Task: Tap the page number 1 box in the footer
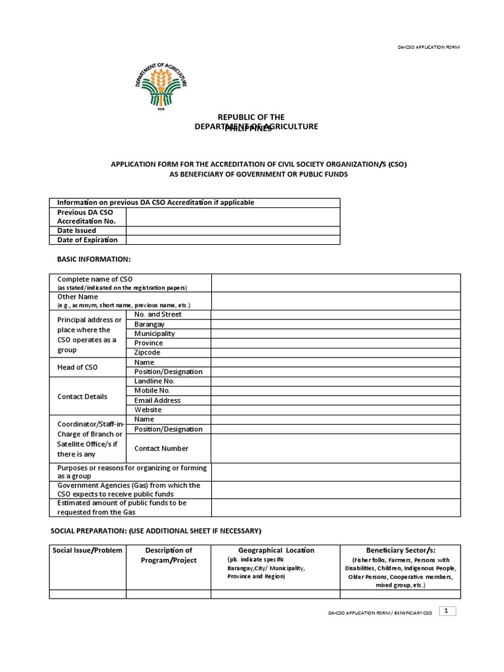pyautogui.click(x=447, y=611)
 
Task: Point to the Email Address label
pyautogui.click(x=157, y=400)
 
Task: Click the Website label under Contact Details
pyautogui.click(x=148, y=409)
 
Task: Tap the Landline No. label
pyautogui.click(x=154, y=381)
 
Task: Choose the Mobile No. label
pyautogui.click(x=152, y=390)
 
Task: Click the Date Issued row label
pyautogui.click(x=77, y=230)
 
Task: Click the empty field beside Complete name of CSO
pyautogui.click(x=335, y=283)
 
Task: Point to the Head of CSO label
pyautogui.click(x=77, y=367)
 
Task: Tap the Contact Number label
pyautogui.click(x=161, y=448)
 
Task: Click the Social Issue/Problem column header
pyautogui.click(x=87, y=550)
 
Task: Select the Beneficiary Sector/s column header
pyautogui.click(x=400, y=550)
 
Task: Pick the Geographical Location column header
pyautogui.click(x=276, y=550)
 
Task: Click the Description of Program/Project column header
pyautogui.click(x=169, y=555)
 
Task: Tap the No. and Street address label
pyautogui.click(x=158, y=314)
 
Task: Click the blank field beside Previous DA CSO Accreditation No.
pyautogui.click(x=233, y=217)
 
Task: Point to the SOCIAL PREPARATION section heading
pyautogui.click(x=156, y=530)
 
